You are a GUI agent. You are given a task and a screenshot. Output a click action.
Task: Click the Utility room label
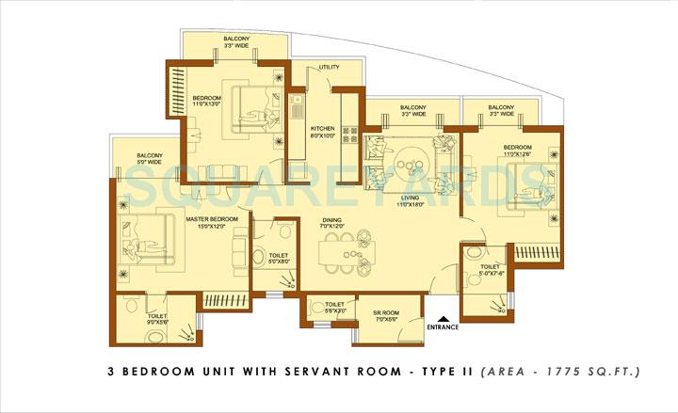point(329,68)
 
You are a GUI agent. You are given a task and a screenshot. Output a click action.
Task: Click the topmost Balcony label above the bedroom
point(235,41)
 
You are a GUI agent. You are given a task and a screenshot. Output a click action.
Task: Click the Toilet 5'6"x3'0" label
point(334,308)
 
